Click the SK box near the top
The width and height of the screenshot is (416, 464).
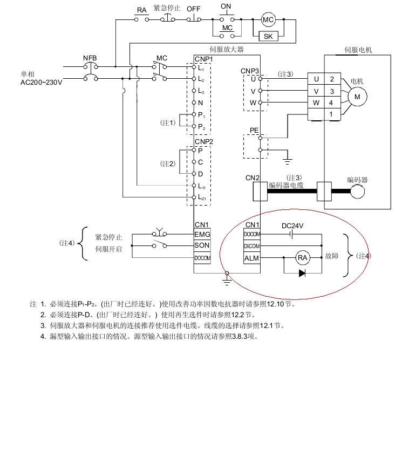coord(268,36)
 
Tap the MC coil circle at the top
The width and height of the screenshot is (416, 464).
coord(268,20)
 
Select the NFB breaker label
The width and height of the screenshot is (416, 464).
coord(90,58)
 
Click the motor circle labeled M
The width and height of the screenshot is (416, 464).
coord(357,97)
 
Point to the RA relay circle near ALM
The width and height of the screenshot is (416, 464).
coord(303,258)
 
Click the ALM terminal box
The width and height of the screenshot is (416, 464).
coord(252,258)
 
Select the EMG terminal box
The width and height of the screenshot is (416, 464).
coord(202,235)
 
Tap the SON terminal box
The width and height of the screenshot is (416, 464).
coord(202,246)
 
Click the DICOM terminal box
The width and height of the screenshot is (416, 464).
coord(252,247)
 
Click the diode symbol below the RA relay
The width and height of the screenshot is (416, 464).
coord(302,273)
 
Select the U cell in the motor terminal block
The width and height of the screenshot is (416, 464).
coord(316,79)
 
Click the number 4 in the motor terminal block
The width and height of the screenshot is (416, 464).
coord(332,103)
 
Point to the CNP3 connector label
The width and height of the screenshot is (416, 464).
coord(250,71)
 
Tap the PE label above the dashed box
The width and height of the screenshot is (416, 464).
coord(254,131)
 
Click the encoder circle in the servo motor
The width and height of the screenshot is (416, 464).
coord(357,192)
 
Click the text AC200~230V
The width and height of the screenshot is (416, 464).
coord(42,82)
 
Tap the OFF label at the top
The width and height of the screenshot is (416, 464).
coord(193,9)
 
